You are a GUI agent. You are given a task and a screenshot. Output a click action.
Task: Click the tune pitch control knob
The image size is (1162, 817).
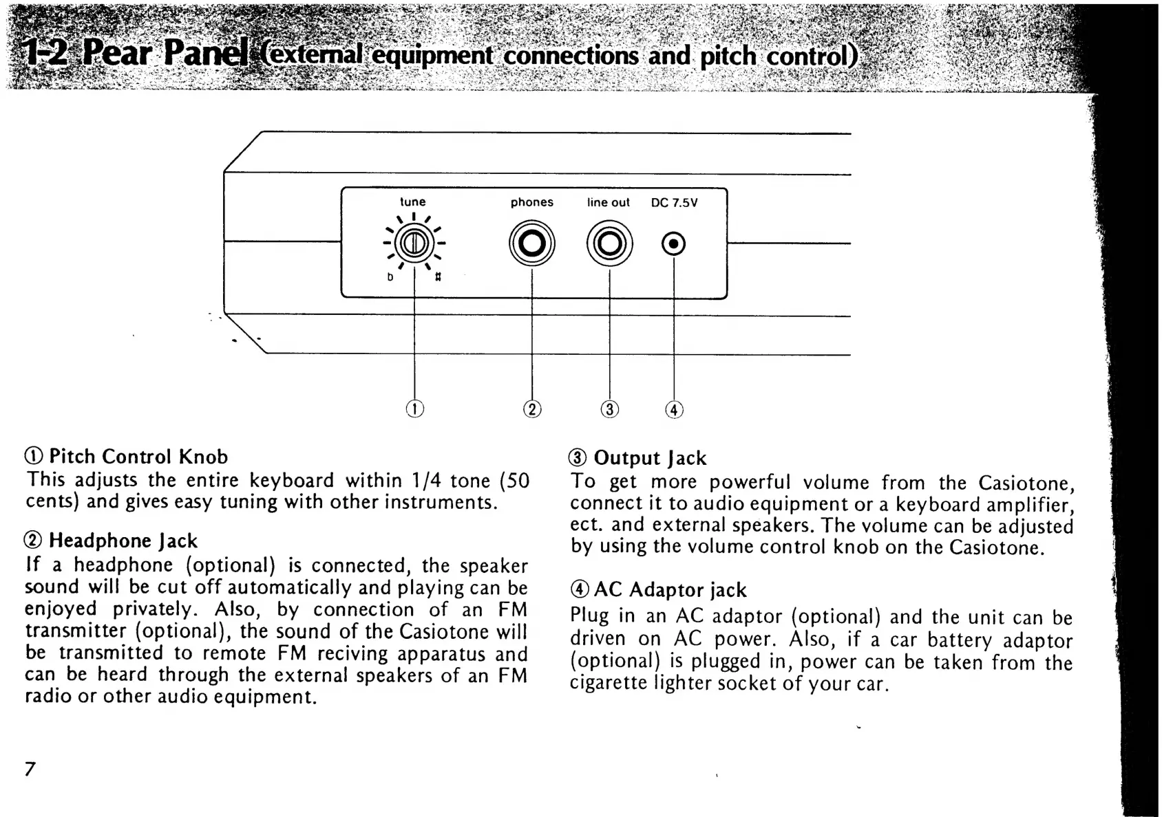pyautogui.click(x=414, y=243)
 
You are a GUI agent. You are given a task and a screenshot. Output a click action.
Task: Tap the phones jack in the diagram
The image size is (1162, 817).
pyautogui.click(x=531, y=243)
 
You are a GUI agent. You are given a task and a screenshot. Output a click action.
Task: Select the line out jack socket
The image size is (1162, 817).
pyautogui.click(x=609, y=243)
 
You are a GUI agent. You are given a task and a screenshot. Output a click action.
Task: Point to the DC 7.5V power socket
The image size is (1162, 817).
pyautogui.click(x=673, y=244)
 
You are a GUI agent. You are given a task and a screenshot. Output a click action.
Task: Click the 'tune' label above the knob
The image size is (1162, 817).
pyautogui.click(x=413, y=201)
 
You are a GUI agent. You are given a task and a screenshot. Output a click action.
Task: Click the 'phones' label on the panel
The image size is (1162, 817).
pyautogui.click(x=531, y=202)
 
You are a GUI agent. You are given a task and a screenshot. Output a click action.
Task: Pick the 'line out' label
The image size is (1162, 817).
pyautogui.click(x=608, y=202)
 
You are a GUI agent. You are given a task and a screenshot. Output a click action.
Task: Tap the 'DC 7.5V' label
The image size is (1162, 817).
pyautogui.click(x=674, y=203)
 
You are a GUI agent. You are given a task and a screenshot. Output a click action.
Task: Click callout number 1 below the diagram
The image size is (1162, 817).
pyautogui.click(x=414, y=408)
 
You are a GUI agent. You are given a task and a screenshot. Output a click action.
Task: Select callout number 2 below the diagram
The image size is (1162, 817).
pyautogui.click(x=532, y=409)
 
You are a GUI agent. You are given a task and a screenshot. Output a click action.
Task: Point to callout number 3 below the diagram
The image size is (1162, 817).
pyautogui.click(x=609, y=410)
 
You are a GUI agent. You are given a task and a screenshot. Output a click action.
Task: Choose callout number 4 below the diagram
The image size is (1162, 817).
pyautogui.click(x=674, y=411)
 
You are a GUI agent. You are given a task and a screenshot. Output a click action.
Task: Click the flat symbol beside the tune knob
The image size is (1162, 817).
pyautogui.click(x=390, y=277)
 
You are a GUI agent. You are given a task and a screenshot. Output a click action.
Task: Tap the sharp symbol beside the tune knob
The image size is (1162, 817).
pyautogui.click(x=438, y=276)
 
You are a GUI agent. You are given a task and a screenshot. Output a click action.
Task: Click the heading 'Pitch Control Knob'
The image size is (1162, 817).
pyautogui.click(x=138, y=457)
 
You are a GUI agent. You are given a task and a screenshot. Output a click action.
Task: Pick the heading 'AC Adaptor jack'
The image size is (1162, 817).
pyautogui.click(x=669, y=590)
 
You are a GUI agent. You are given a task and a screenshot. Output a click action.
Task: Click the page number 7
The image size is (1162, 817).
pyautogui.click(x=30, y=768)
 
